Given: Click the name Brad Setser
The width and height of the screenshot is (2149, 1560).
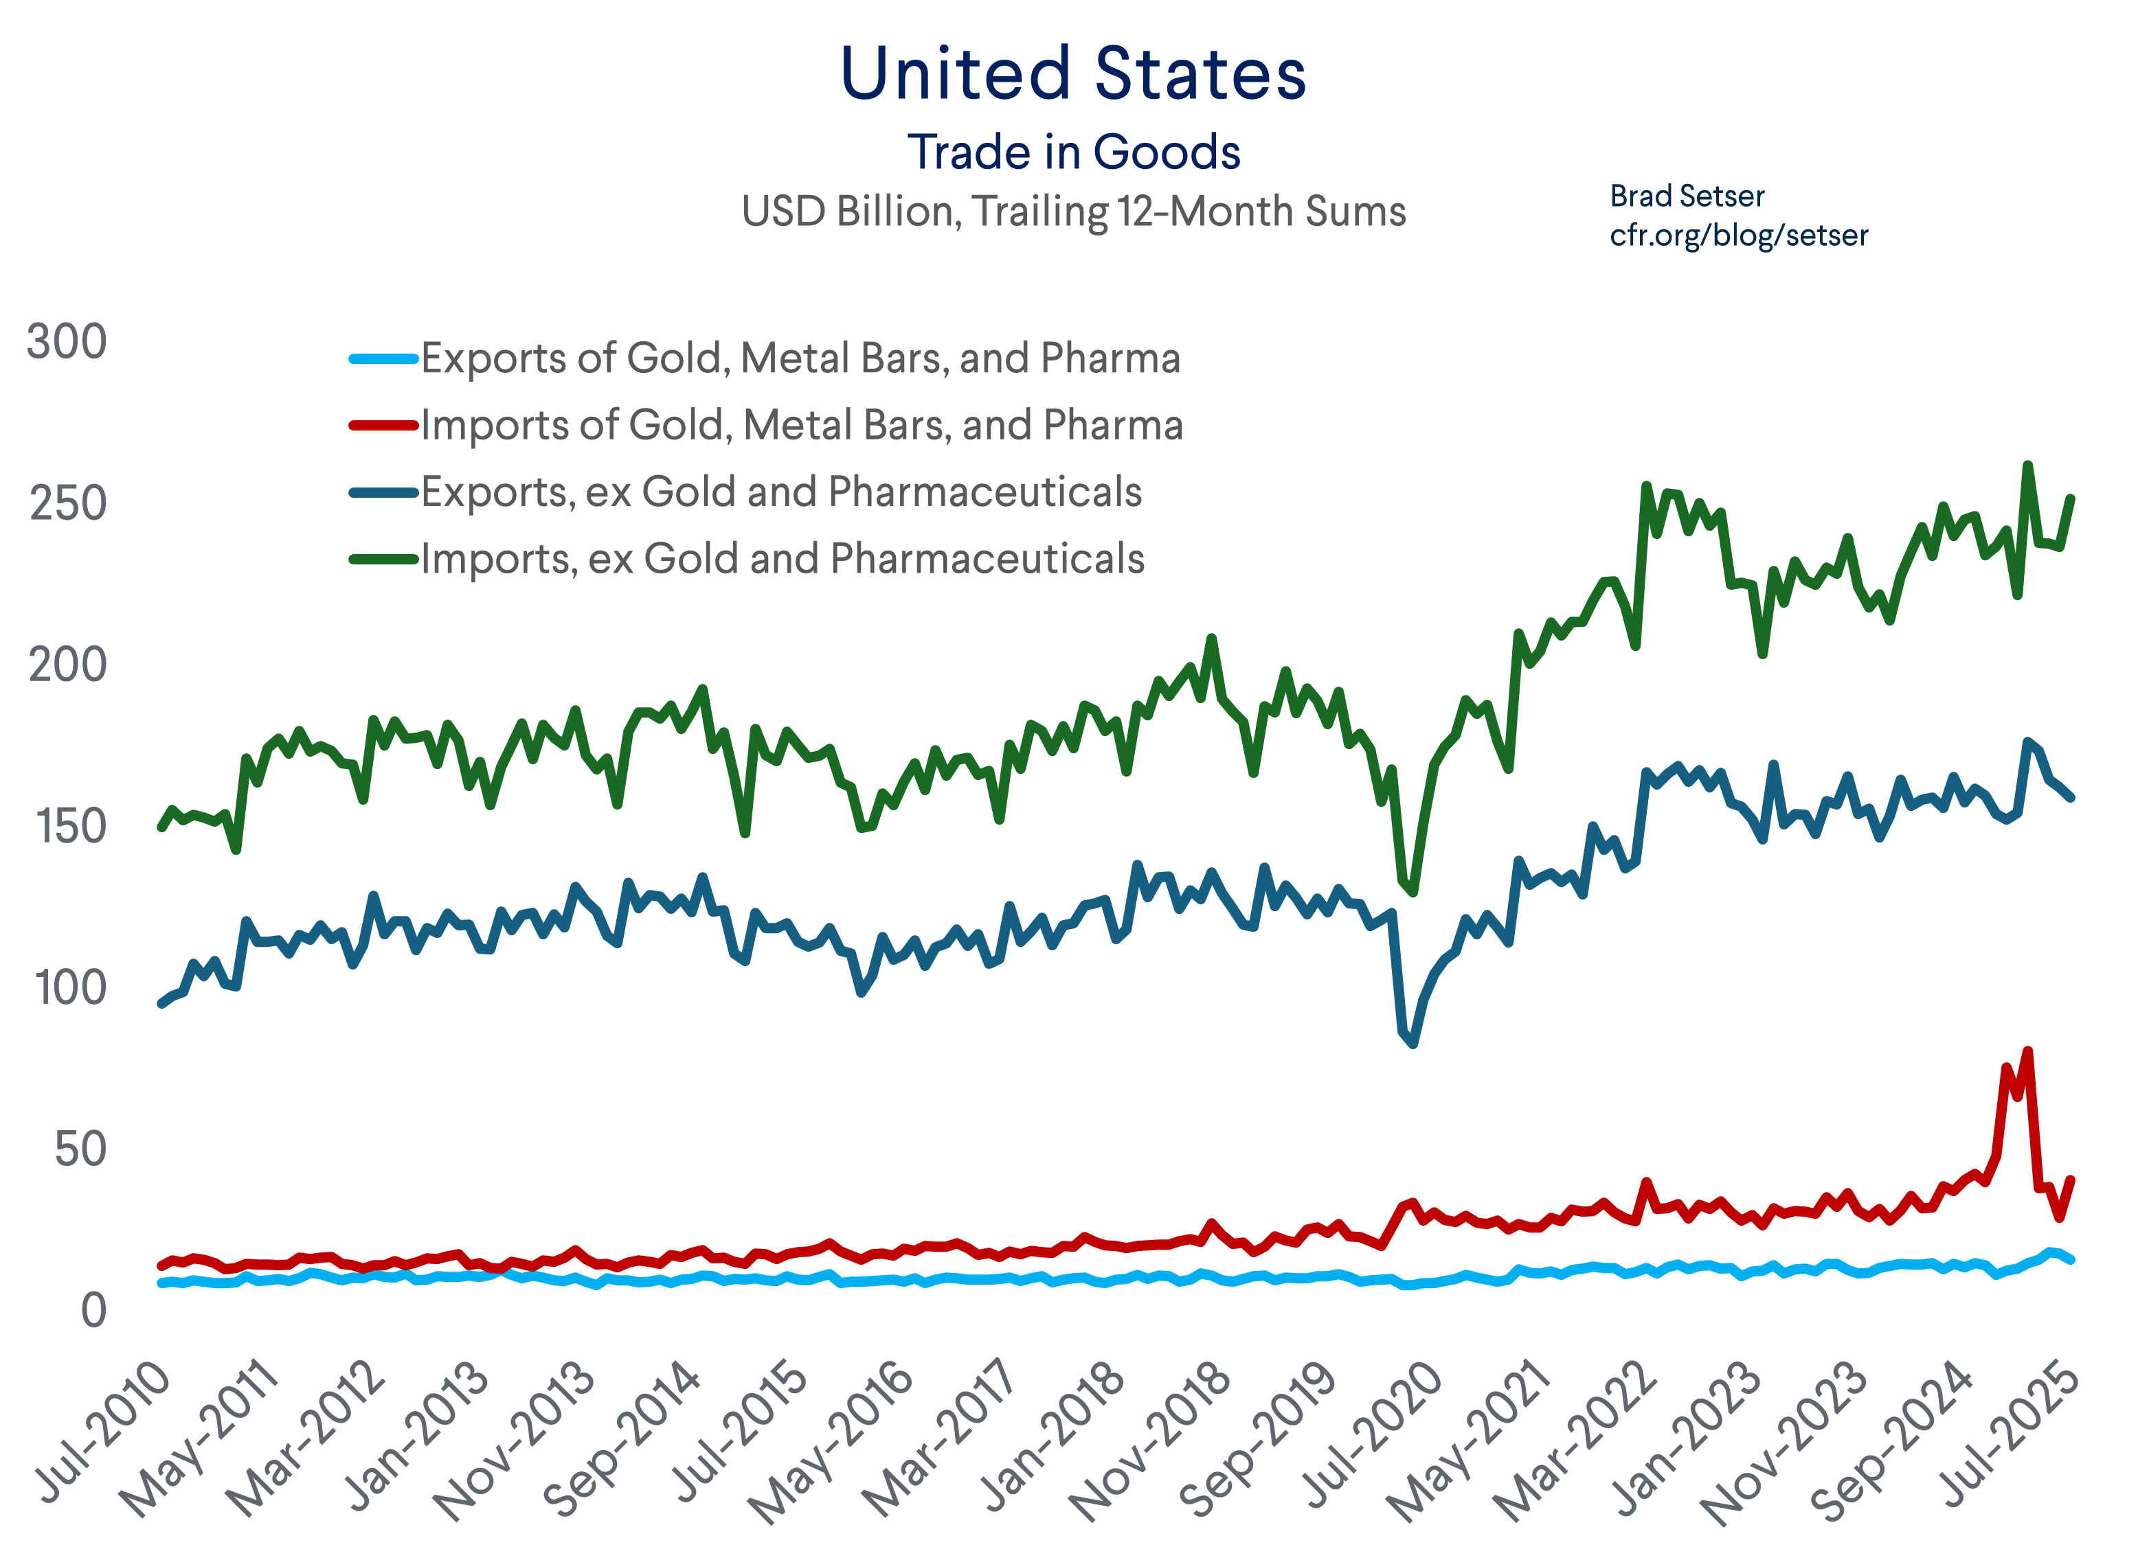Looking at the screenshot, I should point(1687,196).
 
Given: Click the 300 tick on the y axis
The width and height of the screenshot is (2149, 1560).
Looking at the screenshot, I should point(67,342).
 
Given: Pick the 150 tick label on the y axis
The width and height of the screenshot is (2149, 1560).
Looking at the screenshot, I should point(70,827).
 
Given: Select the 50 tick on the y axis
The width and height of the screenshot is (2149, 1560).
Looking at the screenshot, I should point(80,1150).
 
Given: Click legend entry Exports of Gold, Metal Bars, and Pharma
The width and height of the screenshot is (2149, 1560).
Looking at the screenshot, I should point(800,359).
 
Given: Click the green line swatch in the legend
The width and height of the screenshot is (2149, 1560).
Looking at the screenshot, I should point(384,559).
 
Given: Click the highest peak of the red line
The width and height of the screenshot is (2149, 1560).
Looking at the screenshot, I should point(2027,1051).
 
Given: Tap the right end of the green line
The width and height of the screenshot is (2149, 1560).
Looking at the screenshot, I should point(2071,498).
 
